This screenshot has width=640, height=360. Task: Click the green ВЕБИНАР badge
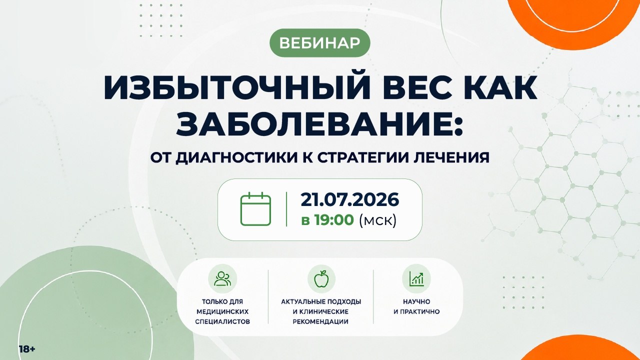[320, 43]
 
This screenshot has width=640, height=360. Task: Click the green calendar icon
[255, 209]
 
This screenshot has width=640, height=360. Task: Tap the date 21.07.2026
[349, 199]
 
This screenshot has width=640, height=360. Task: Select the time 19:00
[334, 220]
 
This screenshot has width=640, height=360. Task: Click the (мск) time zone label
[378, 220]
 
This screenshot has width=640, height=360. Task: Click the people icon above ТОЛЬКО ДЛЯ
[222, 278]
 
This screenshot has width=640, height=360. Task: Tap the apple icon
[321, 278]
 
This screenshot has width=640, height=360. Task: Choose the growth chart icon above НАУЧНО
[416, 278]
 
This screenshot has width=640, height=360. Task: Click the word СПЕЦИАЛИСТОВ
[222, 321]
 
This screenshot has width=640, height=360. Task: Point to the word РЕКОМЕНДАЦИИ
[320, 321]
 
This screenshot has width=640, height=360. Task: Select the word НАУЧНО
[416, 301]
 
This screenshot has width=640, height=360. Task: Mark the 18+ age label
[27, 349]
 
